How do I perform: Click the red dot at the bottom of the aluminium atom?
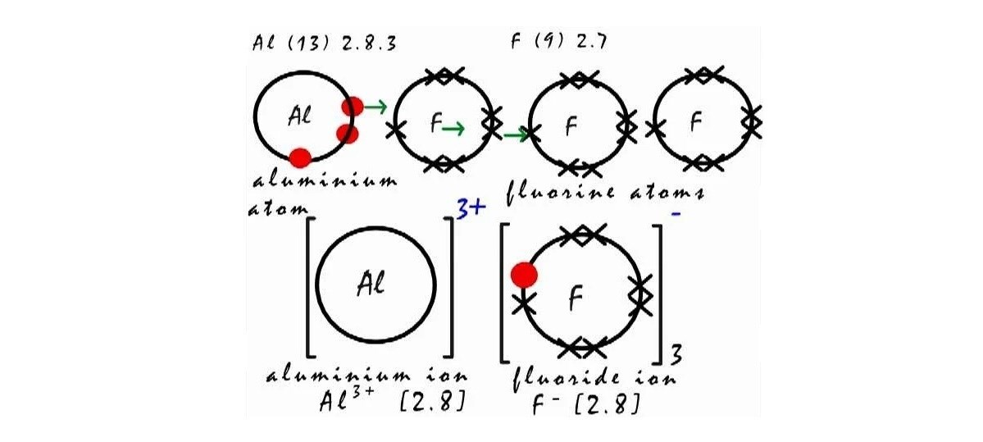pos(300,157)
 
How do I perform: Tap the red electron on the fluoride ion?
pos(524,274)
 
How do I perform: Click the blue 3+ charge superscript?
pos(471,211)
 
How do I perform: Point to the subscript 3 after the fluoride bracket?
pos(677,354)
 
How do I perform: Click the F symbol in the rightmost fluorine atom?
pos(696,122)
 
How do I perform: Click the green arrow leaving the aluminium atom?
pos(376,106)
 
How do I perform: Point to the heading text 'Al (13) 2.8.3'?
pos(325,43)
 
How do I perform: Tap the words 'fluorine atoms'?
pos(605,194)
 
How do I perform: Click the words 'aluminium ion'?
pos(367,376)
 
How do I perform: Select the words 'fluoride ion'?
pos(594,379)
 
